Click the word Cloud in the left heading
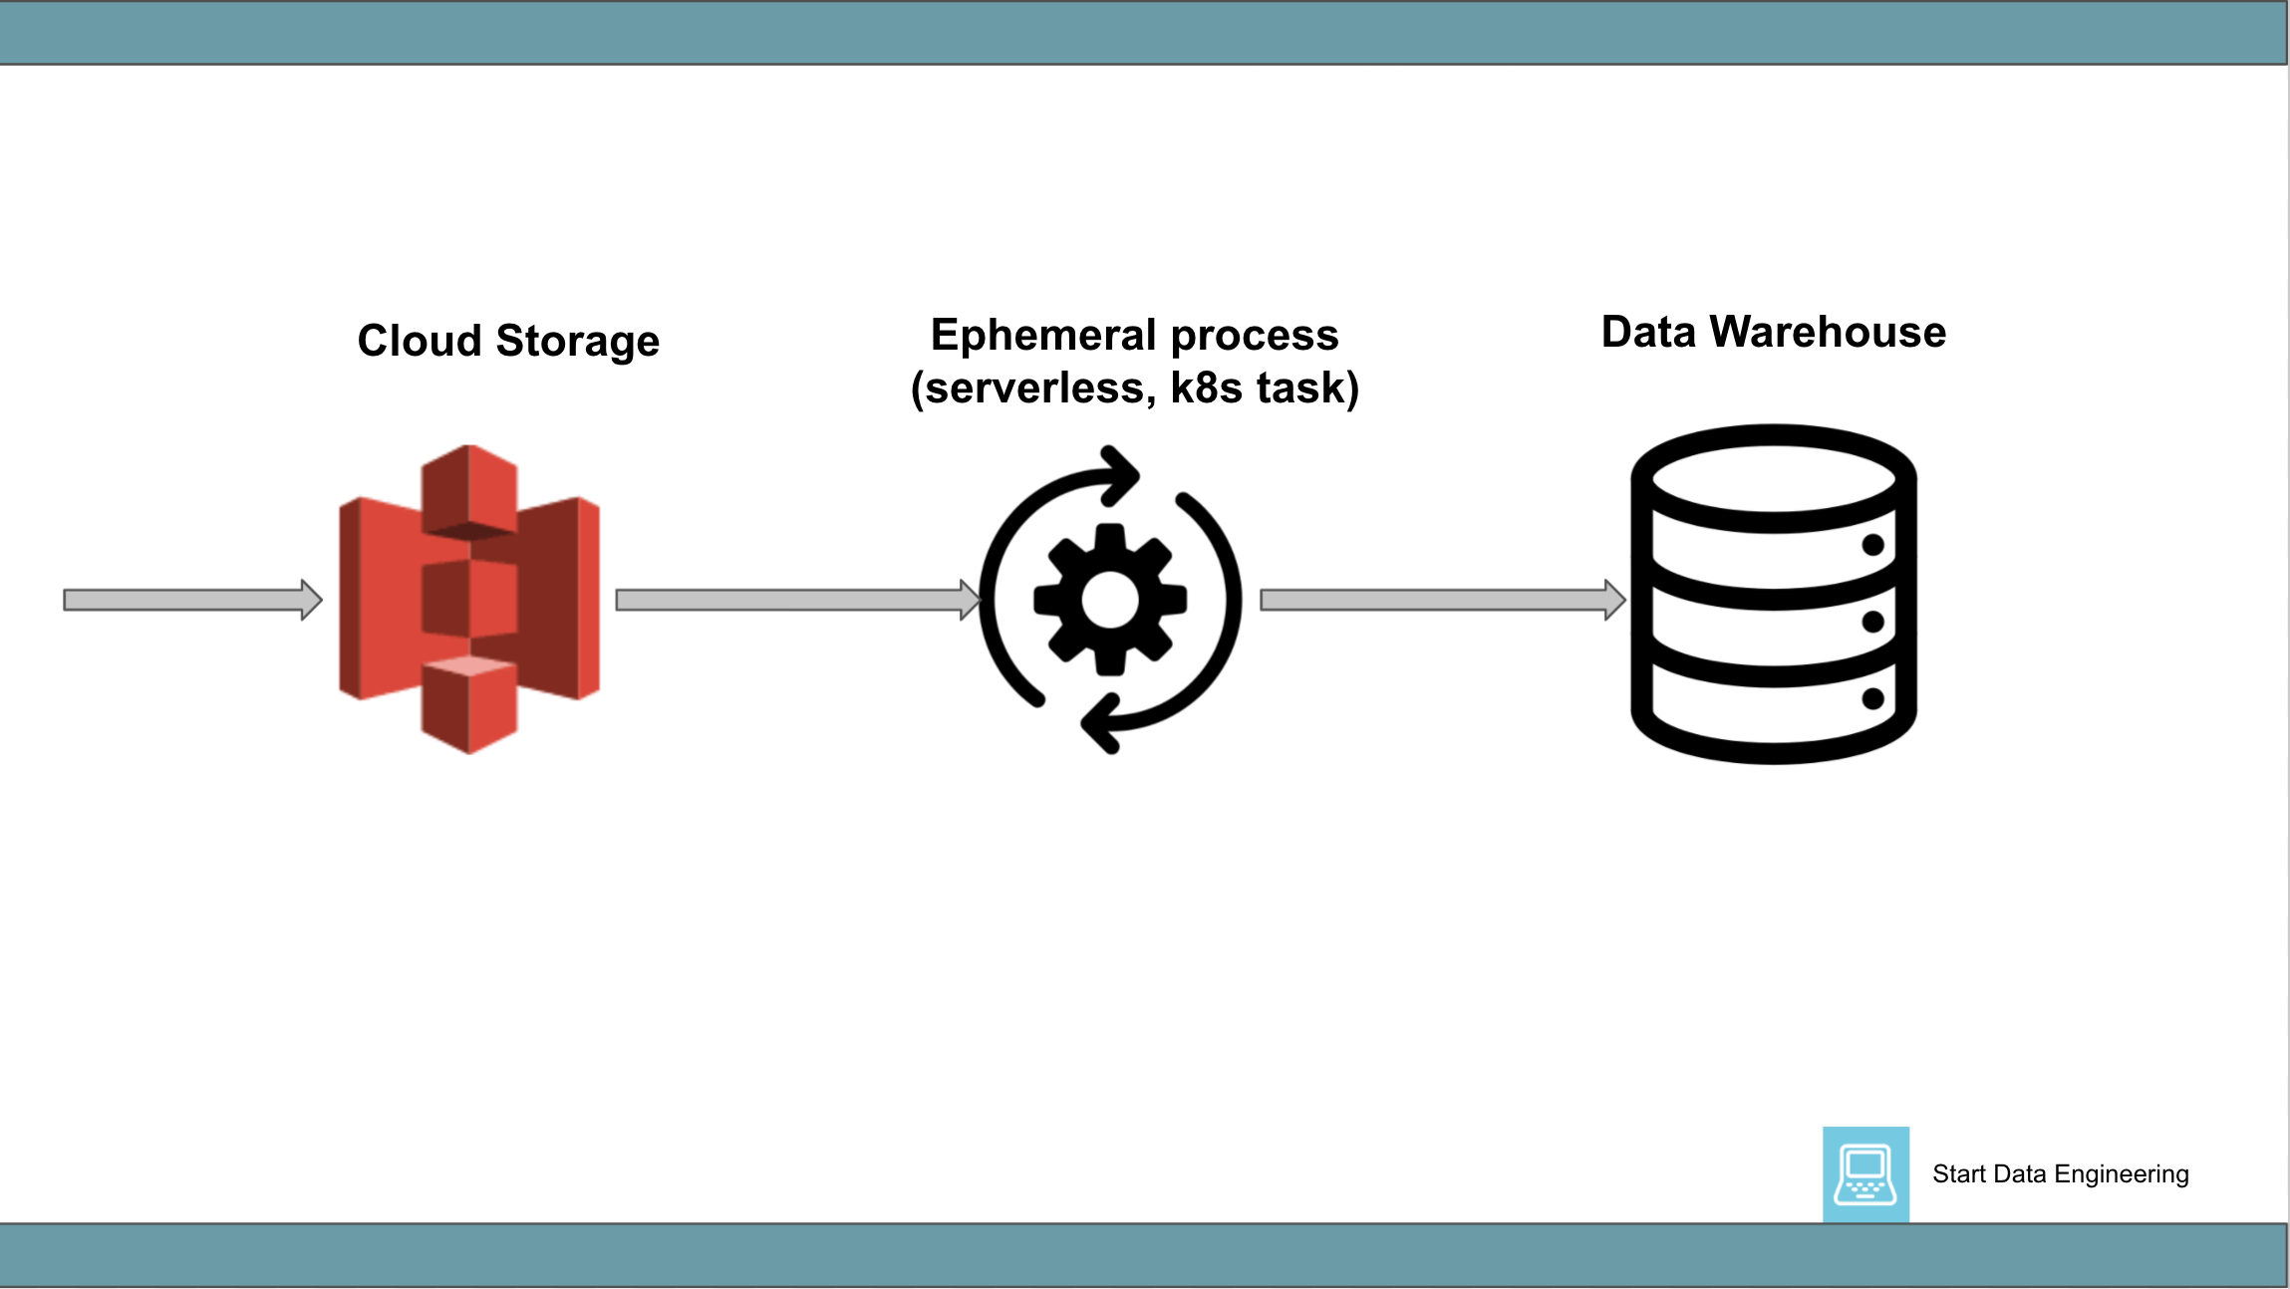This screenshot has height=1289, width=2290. click(x=420, y=341)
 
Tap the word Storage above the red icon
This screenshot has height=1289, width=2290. click(x=578, y=342)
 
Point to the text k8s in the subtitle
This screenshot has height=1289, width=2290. click(x=1206, y=387)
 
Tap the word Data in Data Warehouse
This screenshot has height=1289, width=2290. click(x=1648, y=332)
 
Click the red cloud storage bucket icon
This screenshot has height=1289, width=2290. click(x=469, y=599)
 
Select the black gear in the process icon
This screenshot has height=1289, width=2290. click(x=1110, y=600)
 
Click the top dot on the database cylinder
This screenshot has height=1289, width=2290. click(x=1872, y=545)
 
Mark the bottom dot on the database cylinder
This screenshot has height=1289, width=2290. click(x=1872, y=698)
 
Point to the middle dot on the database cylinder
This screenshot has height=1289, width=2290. click(x=1872, y=622)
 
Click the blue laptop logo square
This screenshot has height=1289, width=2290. click(x=1865, y=1174)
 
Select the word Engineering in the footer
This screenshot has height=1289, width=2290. click(x=2122, y=1174)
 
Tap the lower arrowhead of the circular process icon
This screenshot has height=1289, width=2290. click(x=1100, y=724)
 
